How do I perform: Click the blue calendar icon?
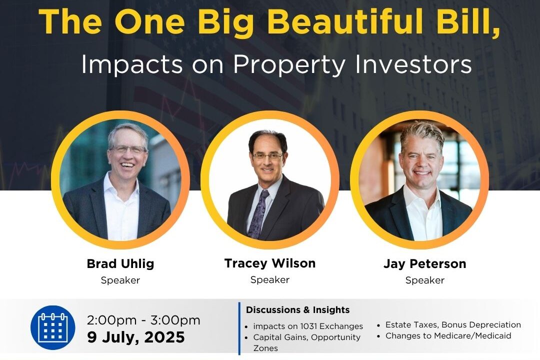tap(52, 327)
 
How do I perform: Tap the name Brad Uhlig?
tap(120, 264)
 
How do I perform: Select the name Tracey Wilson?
tap(270, 263)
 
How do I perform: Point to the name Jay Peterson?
tap(425, 264)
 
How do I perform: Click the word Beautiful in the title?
tap(345, 21)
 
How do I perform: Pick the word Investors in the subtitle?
tap(413, 64)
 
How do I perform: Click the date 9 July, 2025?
tap(135, 337)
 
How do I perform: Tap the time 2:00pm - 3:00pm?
tap(143, 320)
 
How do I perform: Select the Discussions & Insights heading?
tap(297, 309)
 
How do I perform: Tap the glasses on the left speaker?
tap(128, 149)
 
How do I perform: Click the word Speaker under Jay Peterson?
tap(425, 280)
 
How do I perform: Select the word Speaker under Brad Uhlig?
tap(120, 280)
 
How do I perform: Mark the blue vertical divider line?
tap(239, 328)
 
